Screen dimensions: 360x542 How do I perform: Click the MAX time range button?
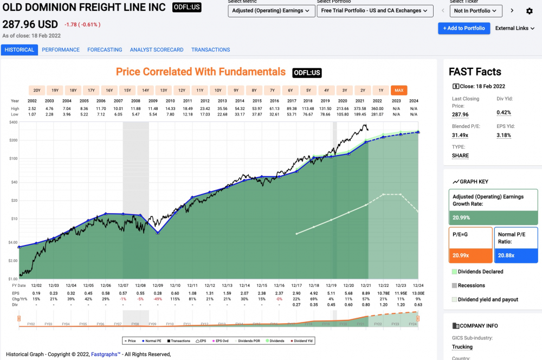tap(399, 91)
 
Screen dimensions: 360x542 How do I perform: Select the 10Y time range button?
tap(218, 91)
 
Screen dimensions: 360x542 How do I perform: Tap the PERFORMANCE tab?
tap(61, 49)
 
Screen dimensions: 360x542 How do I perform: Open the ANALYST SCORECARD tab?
tap(157, 49)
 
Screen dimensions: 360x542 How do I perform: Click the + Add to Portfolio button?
tap(463, 28)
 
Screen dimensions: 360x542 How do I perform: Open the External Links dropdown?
tap(514, 28)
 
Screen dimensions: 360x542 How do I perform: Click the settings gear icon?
tap(530, 11)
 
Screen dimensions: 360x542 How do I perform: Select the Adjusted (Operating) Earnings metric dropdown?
tap(271, 11)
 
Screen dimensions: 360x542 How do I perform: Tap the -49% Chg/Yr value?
tap(158, 299)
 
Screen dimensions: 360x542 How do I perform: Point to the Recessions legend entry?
tap(471, 285)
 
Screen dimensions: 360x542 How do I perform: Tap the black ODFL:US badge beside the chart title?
tap(307, 73)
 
